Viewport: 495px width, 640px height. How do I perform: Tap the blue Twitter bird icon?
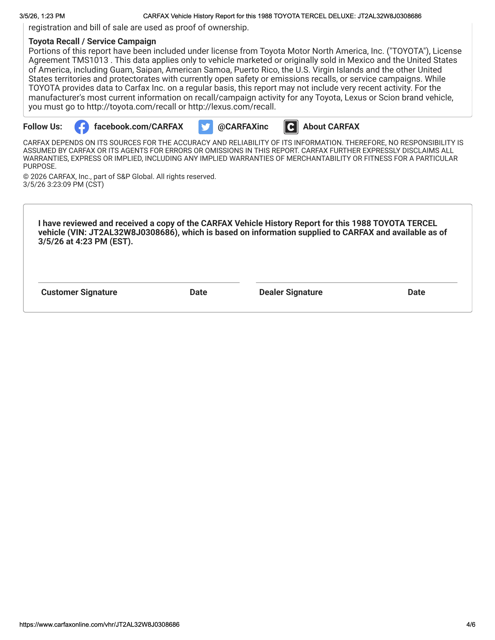pyautogui.click(x=206, y=127)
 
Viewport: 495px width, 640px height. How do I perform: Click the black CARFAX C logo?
pyautogui.click(x=291, y=127)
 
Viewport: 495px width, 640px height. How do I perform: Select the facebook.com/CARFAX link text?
pyautogui.click(x=138, y=127)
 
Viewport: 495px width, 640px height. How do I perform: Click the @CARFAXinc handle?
pyautogui.click(x=243, y=127)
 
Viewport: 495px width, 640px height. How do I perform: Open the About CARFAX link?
pyautogui.click(x=331, y=127)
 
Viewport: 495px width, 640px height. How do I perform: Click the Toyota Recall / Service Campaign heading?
pyautogui.click(x=92, y=41)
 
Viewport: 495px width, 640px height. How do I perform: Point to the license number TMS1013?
pyautogui.click(x=90, y=60)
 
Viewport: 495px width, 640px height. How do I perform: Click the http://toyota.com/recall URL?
pyautogui.click(x=131, y=107)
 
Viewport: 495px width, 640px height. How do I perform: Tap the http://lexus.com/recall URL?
pyautogui.click(x=232, y=107)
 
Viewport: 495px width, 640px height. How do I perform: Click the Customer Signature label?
pyautogui.click(x=79, y=292)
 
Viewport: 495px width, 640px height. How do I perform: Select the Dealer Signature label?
pyautogui.click(x=291, y=292)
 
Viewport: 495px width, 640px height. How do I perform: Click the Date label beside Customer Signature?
pyautogui.click(x=198, y=292)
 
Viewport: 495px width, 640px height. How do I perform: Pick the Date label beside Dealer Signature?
pyautogui.click(x=416, y=292)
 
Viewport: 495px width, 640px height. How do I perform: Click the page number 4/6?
pyautogui.click(x=471, y=624)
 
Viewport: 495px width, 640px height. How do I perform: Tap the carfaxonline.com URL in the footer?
pyautogui.click(x=99, y=624)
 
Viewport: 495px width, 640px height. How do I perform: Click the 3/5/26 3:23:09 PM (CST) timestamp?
pyautogui.click(x=63, y=184)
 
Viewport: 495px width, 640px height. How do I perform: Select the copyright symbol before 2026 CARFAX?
pyautogui.click(x=26, y=177)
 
